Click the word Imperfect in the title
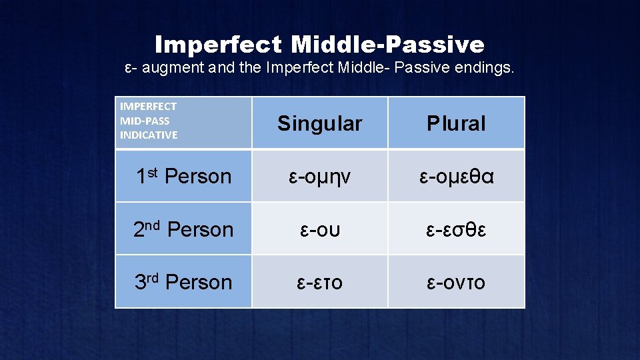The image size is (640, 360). (x=219, y=45)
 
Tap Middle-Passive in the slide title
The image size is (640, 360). (x=388, y=45)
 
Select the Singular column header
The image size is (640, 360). (x=319, y=123)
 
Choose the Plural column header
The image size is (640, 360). (x=456, y=123)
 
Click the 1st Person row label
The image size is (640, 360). (x=183, y=177)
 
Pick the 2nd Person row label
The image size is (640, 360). (x=183, y=229)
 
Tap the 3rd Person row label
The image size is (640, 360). (x=183, y=282)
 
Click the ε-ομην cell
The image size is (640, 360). (x=319, y=177)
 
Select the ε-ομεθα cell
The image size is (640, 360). (x=456, y=177)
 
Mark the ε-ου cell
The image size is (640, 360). (x=319, y=229)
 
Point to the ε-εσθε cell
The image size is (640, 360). (x=456, y=229)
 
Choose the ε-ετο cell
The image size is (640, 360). (x=319, y=282)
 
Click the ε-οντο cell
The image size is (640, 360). (x=456, y=282)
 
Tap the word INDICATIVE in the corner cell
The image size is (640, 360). (x=149, y=135)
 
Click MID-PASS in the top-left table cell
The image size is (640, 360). (x=145, y=121)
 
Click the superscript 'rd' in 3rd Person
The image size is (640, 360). (x=153, y=277)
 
